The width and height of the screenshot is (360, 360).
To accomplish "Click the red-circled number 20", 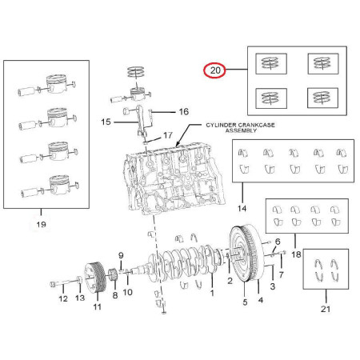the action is [x=215, y=70].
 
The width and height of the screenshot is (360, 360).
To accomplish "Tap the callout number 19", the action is [x=41, y=224].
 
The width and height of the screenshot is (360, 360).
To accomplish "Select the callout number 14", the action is [x=242, y=208].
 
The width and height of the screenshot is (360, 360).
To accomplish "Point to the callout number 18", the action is [x=296, y=254].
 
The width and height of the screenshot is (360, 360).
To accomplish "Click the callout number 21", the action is [x=326, y=309].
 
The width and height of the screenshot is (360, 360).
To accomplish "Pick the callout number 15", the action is [x=106, y=122].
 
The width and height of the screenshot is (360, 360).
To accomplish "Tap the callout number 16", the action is [x=184, y=111].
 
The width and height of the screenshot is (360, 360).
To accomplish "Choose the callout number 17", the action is [x=168, y=135].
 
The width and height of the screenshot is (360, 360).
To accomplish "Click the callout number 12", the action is [x=63, y=298].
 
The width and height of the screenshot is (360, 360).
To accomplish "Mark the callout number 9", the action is [x=121, y=255].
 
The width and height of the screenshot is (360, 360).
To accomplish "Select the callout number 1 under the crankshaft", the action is [x=212, y=293].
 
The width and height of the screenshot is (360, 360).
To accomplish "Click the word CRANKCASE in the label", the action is [x=256, y=125].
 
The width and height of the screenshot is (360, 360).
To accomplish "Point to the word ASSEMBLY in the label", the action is [x=241, y=130].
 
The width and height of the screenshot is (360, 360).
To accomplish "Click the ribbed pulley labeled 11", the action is [x=95, y=278].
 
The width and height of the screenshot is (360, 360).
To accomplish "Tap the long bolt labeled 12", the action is [x=66, y=282].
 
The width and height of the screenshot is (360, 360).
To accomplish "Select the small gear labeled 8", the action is [x=114, y=274].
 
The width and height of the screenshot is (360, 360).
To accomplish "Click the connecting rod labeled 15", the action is [x=142, y=121].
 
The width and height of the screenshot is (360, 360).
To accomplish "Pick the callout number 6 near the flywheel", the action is [x=278, y=242].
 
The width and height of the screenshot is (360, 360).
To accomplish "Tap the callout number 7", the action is [x=282, y=274].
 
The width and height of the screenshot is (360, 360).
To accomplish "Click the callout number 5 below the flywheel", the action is [x=245, y=302].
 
